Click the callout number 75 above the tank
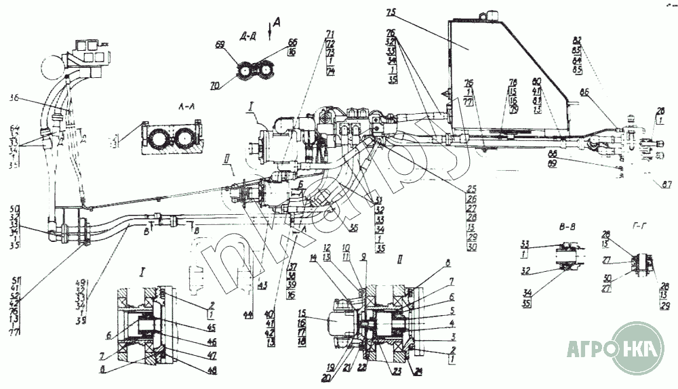389,13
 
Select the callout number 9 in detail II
363,258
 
